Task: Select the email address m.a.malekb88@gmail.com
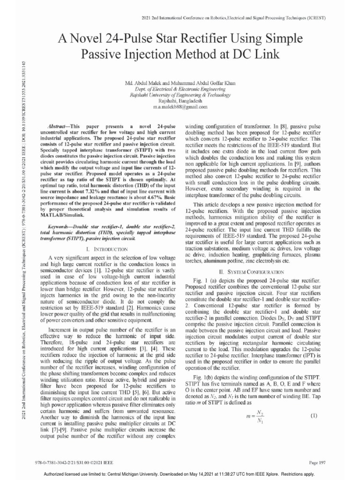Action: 180,107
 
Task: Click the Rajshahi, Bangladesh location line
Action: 180,101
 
